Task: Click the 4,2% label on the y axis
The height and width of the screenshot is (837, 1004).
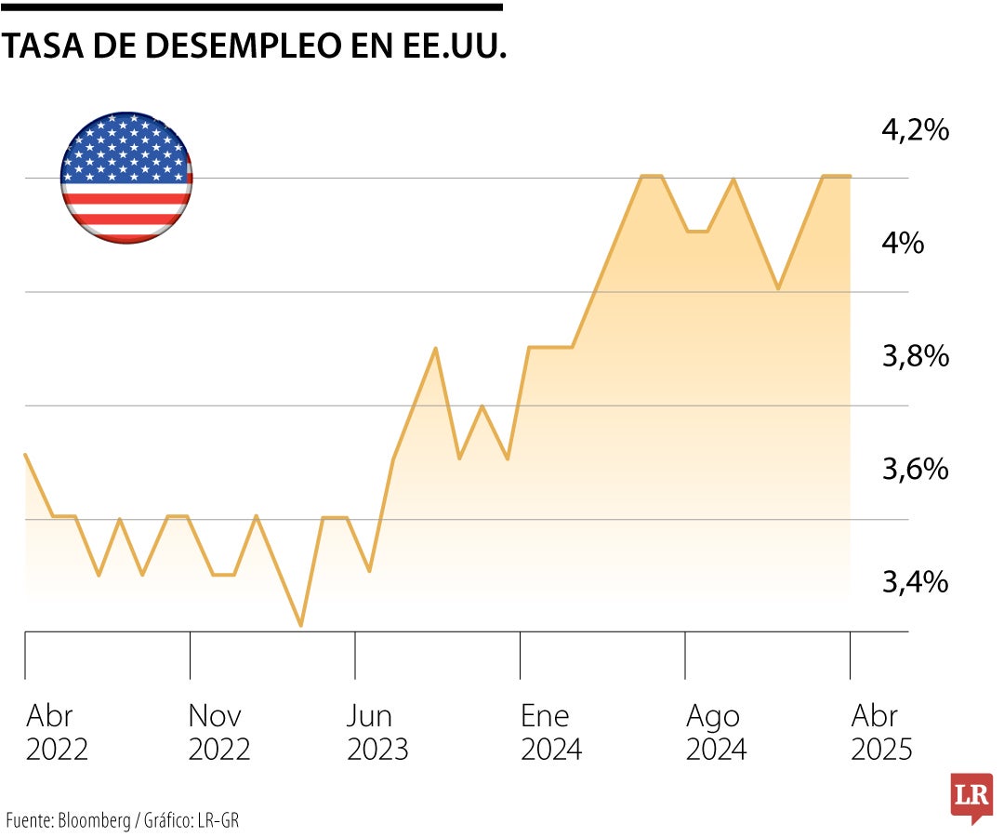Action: coord(915,130)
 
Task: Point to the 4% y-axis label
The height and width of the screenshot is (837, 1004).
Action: coord(904,244)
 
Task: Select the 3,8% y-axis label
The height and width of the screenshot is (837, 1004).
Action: coord(915,356)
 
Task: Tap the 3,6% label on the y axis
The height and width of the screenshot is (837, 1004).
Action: coord(915,469)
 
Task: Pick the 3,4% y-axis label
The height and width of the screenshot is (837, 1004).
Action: coord(915,582)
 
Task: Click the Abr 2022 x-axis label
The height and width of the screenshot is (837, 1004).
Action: coord(57,733)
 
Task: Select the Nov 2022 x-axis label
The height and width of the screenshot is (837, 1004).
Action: coord(219,733)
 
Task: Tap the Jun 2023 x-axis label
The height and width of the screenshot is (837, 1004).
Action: coord(377,733)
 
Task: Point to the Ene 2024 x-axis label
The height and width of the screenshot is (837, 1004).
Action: coord(551,733)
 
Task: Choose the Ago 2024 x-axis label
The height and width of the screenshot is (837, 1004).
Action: coord(716,733)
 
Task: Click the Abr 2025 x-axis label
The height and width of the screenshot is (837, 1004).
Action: coord(881,733)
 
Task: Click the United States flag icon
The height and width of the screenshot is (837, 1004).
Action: coord(126,178)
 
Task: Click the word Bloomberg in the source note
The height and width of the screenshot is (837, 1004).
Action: coord(95,821)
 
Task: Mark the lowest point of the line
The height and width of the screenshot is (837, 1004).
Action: coord(300,625)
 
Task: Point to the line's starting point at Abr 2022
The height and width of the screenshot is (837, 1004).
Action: coord(25,455)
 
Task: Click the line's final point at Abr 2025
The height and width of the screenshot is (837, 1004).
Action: coord(850,176)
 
